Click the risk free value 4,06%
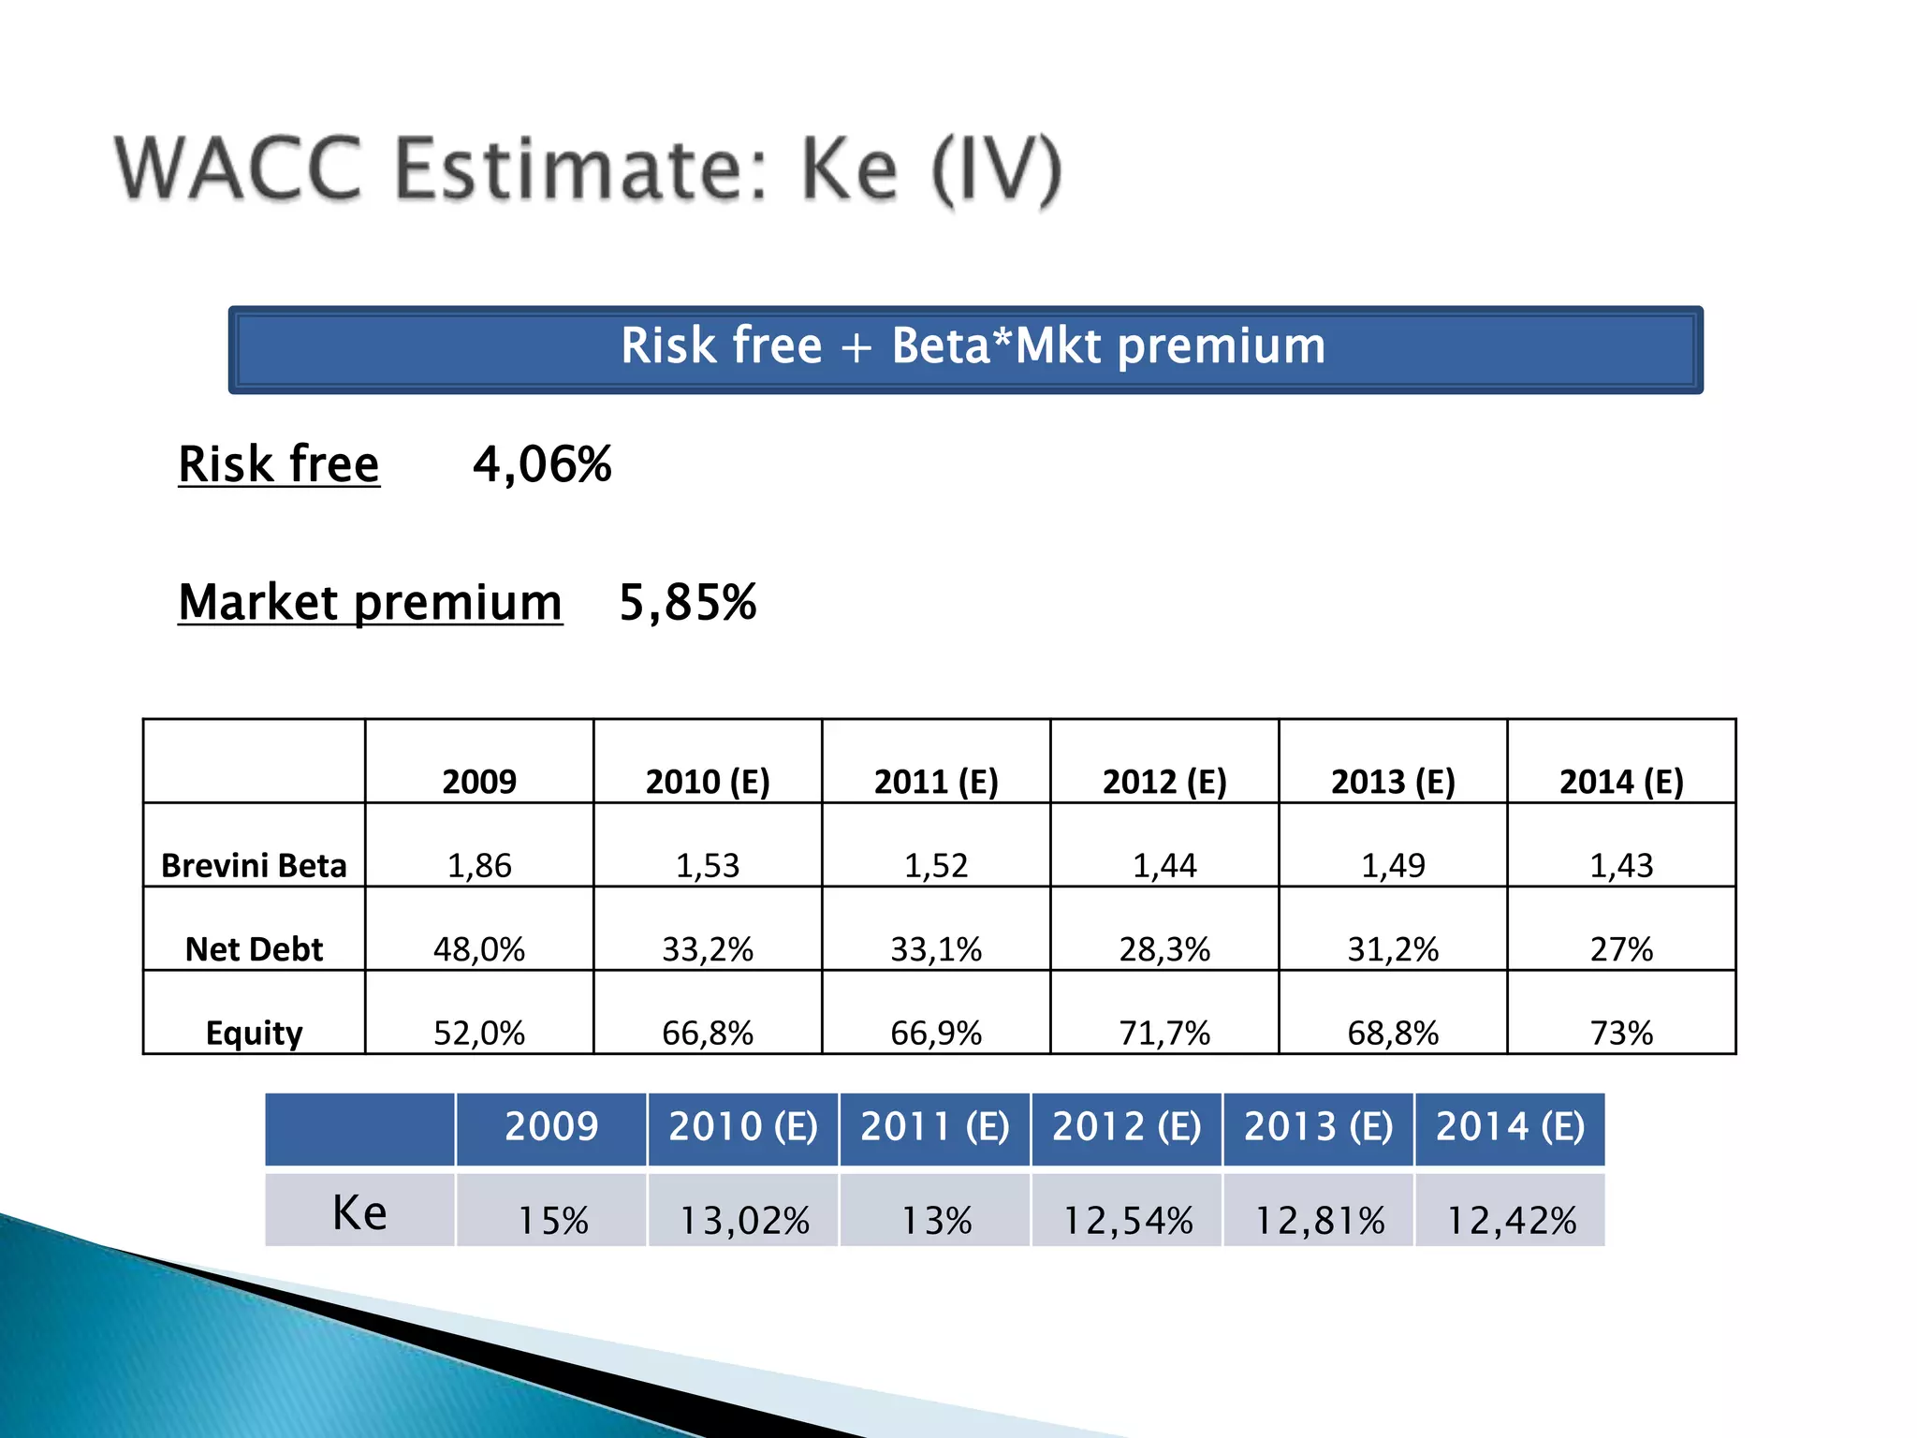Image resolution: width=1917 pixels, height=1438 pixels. (542, 464)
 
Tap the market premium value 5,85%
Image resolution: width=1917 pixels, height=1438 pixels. (688, 602)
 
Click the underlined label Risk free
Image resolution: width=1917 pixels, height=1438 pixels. (279, 464)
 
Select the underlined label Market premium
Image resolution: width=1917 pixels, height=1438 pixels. (371, 602)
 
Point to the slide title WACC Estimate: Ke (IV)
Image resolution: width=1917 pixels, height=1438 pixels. (589, 169)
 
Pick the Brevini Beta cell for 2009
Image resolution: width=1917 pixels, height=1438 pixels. (479, 865)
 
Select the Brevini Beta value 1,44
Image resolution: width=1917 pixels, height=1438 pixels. (1164, 865)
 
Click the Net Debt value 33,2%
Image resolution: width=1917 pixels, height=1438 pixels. (708, 949)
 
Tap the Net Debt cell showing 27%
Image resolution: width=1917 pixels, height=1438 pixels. (1621, 949)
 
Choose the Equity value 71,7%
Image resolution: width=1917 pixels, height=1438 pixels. (1164, 1033)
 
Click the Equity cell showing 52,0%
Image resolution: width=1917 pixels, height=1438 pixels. (479, 1033)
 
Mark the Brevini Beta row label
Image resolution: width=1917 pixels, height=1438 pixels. (254, 865)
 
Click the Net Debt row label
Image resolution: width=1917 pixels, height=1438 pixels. (254, 949)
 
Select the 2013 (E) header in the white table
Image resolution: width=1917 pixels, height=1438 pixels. (1393, 782)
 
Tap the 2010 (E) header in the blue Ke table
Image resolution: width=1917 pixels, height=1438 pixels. (743, 1127)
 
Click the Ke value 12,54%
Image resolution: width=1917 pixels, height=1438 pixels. (1128, 1220)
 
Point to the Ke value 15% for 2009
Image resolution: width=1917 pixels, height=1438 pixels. (552, 1220)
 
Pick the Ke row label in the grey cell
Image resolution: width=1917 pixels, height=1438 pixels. (360, 1213)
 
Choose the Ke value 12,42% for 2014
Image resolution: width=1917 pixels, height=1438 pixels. (1511, 1220)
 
